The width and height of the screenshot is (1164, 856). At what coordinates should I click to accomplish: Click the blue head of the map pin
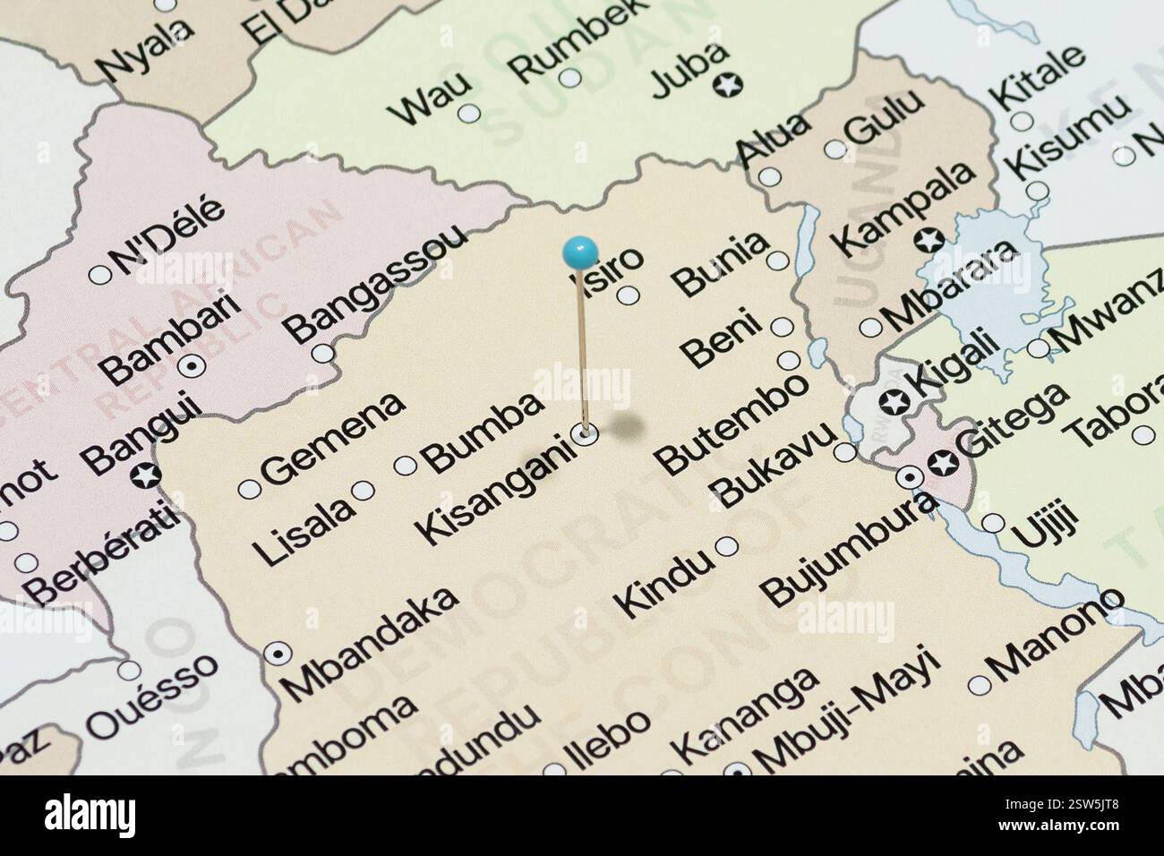[581, 252]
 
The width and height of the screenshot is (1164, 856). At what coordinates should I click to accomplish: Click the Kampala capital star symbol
[930, 240]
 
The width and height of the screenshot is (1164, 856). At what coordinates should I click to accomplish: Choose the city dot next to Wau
[467, 115]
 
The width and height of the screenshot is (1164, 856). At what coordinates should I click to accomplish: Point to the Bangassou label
[378, 281]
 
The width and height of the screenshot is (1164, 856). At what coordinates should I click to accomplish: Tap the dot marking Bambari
[191, 365]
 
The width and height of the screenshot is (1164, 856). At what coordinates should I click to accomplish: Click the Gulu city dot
[834, 150]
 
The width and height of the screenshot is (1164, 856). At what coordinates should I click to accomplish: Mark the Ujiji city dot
[993, 523]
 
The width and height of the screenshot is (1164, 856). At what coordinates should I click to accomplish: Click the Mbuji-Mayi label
[846, 710]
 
